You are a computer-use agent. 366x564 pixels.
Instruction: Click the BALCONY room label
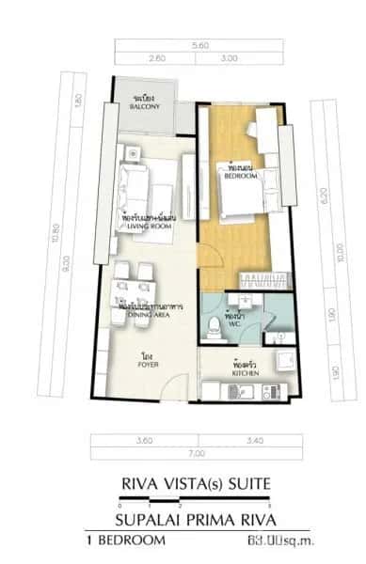(x=144, y=106)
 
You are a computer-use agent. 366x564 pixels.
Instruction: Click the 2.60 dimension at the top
(x=156, y=58)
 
